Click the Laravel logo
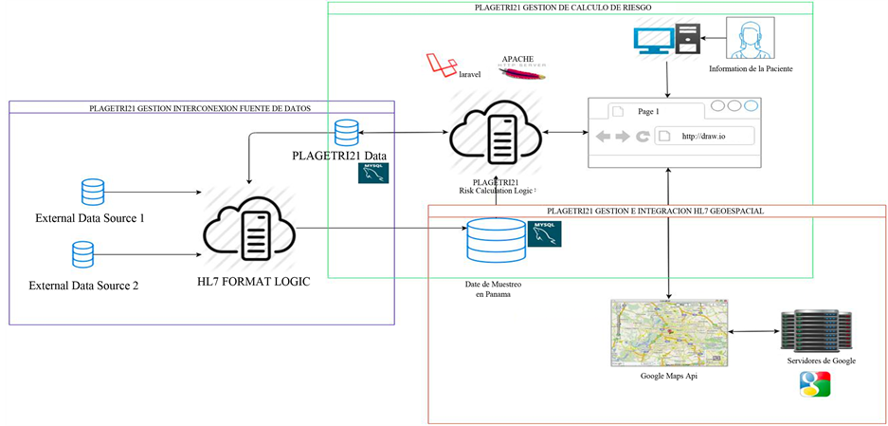point(437,64)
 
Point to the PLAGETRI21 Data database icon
point(344,133)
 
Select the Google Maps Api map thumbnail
point(669,332)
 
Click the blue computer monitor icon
point(654,39)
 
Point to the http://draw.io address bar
point(706,136)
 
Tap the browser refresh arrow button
point(643,136)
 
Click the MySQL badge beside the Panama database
point(544,234)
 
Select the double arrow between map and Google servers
point(752,332)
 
